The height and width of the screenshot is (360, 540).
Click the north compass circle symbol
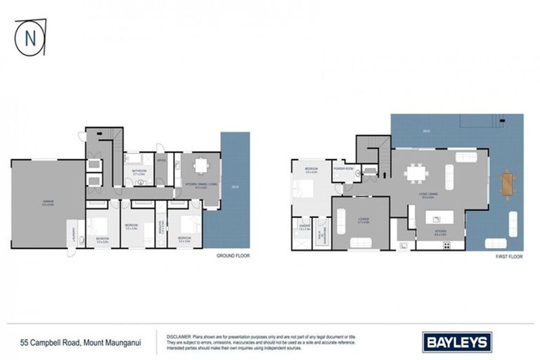click(x=29, y=37)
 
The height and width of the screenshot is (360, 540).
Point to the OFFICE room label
click(x=161, y=160)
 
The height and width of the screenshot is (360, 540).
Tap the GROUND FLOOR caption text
click(x=233, y=256)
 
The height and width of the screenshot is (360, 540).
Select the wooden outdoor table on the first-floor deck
click(x=508, y=184)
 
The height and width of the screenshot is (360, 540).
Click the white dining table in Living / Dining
click(x=418, y=172)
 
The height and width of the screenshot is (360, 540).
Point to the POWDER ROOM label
click(x=344, y=169)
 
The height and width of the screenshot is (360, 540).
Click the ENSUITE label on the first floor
click(x=304, y=226)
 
